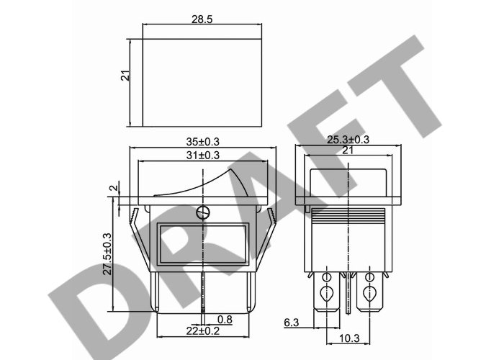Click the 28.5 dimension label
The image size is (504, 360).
(x=202, y=19)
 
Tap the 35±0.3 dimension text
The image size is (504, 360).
(x=202, y=141)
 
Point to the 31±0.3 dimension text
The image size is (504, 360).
(x=202, y=156)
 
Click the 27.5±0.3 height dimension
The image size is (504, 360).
(x=107, y=254)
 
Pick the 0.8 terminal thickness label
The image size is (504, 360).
(x=225, y=320)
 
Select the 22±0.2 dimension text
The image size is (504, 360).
(x=203, y=330)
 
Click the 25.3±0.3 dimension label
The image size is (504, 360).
(x=348, y=140)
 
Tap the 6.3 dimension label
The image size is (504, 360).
(x=291, y=322)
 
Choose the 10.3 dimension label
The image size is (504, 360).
(x=349, y=338)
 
